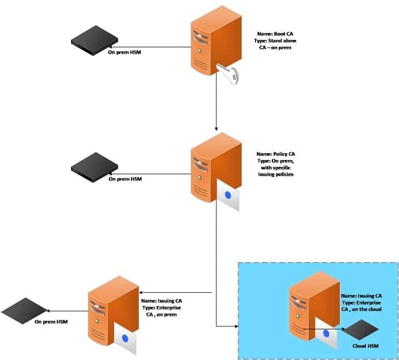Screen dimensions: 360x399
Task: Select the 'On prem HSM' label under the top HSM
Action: (x=126, y=53)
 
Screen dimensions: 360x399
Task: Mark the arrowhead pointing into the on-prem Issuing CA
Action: (x=142, y=293)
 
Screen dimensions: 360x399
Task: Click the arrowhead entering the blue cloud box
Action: (x=236, y=326)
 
